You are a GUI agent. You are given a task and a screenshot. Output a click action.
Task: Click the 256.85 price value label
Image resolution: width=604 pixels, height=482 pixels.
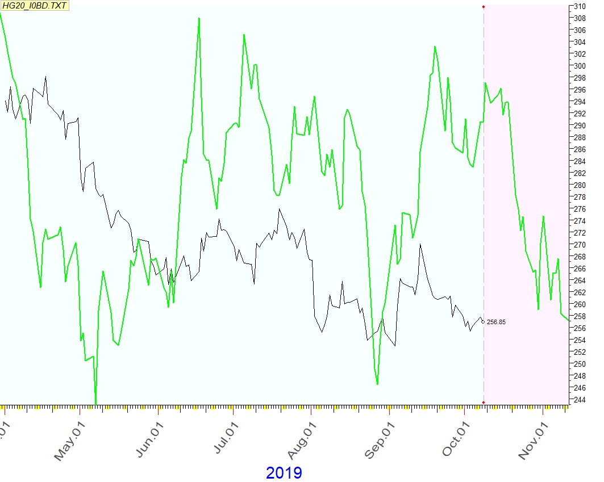[496, 322]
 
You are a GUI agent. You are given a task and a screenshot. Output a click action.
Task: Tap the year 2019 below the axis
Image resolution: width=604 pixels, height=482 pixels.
[284, 472]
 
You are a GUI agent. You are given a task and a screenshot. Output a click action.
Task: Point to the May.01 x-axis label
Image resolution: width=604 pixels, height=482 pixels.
[71, 438]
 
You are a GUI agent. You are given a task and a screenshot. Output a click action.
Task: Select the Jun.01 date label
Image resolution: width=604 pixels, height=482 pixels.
[149, 438]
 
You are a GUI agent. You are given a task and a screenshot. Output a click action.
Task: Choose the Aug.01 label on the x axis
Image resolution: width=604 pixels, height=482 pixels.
[303, 438]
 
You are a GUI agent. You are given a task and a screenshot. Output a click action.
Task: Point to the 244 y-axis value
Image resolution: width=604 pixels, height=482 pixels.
[578, 400]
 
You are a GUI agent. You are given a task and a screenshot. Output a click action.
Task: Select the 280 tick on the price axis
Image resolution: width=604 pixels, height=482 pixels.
[578, 185]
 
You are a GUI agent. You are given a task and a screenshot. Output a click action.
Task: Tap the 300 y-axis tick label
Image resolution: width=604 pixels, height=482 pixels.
[578, 66]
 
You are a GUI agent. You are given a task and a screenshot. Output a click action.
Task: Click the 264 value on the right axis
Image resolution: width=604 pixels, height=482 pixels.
[578, 280]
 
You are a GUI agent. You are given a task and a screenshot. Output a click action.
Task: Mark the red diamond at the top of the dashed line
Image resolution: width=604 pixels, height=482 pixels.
[484, 7]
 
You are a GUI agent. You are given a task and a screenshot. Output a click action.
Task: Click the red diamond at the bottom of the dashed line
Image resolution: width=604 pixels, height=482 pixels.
[484, 403]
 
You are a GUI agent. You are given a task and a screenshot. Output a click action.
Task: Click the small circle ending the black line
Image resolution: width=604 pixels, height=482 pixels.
[483, 322]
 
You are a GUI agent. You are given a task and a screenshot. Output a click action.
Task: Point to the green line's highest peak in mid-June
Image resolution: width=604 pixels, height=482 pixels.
[199, 18]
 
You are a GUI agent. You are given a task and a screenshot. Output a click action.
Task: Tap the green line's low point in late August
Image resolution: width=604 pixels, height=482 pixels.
[377, 384]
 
